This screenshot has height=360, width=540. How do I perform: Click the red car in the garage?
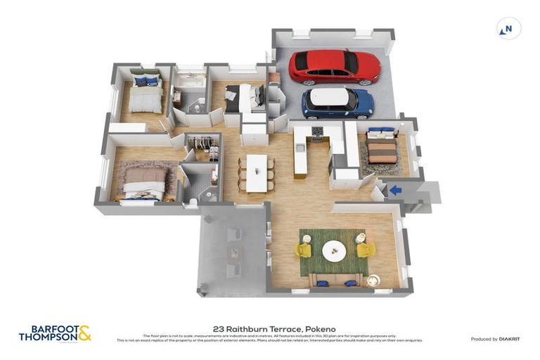[334, 67]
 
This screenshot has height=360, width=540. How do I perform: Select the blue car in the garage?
[337, 103]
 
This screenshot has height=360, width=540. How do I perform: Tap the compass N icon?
[508, 29]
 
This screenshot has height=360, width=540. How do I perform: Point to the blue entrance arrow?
[396, 189]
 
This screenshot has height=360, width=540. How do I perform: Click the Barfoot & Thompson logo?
[55, 333]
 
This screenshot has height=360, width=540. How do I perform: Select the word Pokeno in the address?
[321, 328]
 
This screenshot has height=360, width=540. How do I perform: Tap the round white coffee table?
[333, 250]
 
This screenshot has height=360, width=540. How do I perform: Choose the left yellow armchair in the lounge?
[304, 250]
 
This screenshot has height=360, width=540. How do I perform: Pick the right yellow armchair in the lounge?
[365, 249]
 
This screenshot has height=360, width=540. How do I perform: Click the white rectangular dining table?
[257, 173]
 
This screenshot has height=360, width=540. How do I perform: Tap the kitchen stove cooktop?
[317, 131]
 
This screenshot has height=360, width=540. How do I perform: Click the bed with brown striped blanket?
[382, 148]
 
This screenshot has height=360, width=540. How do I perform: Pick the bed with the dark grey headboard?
[243, 98]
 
